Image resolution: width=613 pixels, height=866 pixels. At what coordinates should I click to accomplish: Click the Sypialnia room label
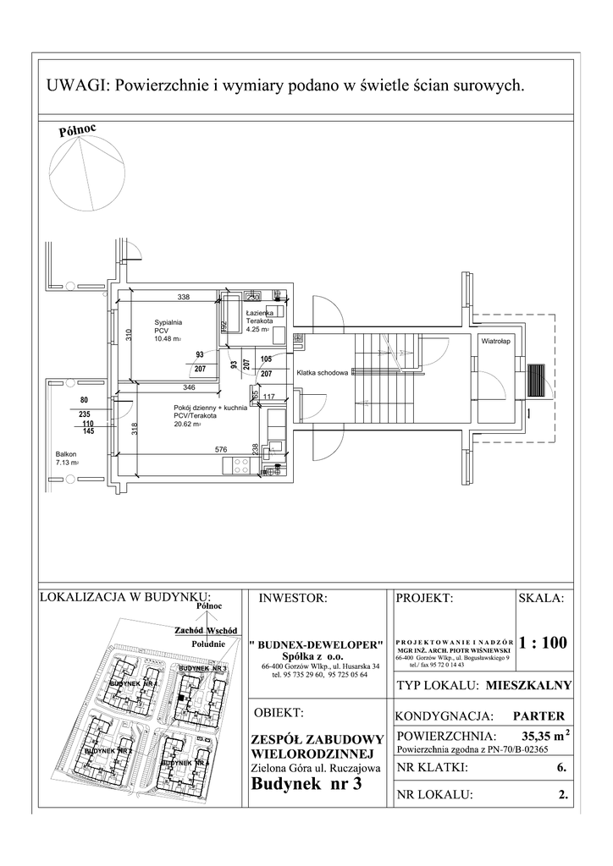pyautogui.click(x=168, y=322)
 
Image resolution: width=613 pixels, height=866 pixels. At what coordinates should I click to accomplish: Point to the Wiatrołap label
pyautogui.click(x=494, y=341)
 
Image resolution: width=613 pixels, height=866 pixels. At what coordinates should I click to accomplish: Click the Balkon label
pyautogui.click(x=66, y=454)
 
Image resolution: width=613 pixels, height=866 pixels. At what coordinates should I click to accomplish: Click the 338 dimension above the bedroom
pyautogui.click(x=183, y=298)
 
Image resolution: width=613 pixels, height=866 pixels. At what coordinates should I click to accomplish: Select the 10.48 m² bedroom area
pyautogui.click(x=168, y=339)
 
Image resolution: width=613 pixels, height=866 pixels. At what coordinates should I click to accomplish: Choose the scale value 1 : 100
pyautogui.click(x=543, y=643)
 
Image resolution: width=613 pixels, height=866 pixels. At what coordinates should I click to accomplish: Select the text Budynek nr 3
pyautogui.click(x=306, y=784)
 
